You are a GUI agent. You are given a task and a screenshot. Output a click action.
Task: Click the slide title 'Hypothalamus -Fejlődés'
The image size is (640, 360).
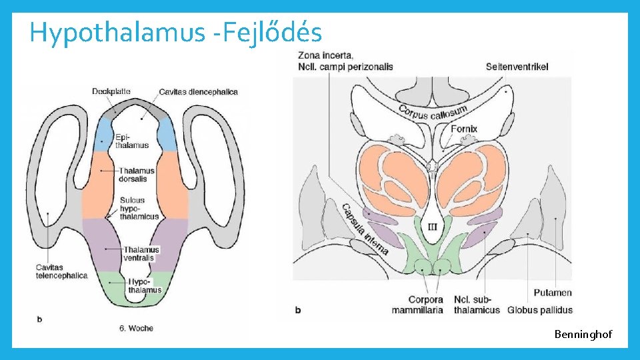click(175, 32)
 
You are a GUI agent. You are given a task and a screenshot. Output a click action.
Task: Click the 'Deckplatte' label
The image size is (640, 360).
click(112, 91)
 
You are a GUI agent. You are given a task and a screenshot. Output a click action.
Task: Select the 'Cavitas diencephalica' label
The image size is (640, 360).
click(198, 91)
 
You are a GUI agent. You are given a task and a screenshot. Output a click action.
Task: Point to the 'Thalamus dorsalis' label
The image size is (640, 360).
click(137, 175)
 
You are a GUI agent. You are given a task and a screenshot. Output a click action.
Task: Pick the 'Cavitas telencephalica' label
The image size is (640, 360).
click(61, 271)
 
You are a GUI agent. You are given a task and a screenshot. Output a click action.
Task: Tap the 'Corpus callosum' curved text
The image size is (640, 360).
click(433, 111)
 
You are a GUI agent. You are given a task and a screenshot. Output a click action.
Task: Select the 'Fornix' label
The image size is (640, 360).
click(464, 129)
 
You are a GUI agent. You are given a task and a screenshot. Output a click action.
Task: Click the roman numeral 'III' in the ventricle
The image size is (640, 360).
click(432, 227)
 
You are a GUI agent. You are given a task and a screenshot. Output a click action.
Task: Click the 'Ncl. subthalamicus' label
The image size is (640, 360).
click(477, 305)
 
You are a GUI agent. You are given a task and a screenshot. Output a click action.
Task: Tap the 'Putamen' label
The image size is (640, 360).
click(553, 293)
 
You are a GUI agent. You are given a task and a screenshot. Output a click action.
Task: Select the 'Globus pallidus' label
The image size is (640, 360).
click(540, 309)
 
